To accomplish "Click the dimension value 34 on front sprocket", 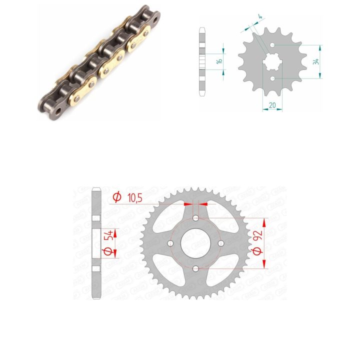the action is [x=316, y=61].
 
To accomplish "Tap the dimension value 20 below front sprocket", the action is [x=272, y=105].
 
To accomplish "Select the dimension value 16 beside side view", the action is [x=219, y=61].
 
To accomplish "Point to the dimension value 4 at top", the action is [x=260, y=16].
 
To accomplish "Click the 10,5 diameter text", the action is [x=135, y=197].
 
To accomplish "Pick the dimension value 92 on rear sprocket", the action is [x=258, y=235].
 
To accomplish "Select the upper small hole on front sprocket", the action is [x=272, y=45].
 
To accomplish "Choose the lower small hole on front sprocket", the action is [x=272, y=79].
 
